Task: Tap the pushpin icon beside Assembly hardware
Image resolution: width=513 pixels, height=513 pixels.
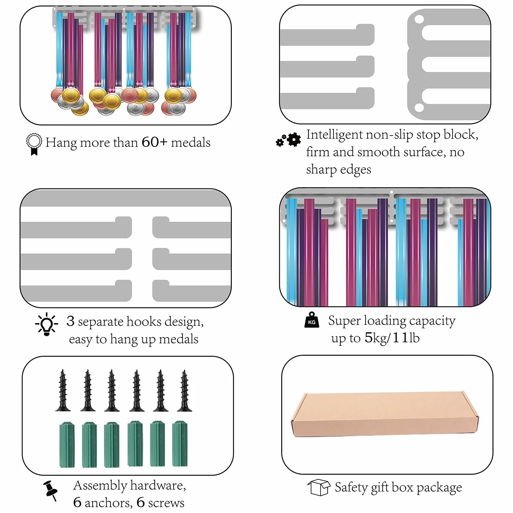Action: [x=51, y=490]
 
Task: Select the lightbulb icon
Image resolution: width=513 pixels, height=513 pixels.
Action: [x=46, y=324]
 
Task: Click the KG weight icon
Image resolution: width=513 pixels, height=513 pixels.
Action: [x=312, y=320]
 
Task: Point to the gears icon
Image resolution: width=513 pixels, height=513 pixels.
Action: [x=288, y=140]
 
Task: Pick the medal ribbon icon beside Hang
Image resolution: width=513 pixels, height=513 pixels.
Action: [x=34, y=144]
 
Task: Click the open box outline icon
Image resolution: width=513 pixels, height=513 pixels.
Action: [x=319, y=487]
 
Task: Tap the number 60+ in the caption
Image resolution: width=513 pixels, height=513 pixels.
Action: [x=155, y=142]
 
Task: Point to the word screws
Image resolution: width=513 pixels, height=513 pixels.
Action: [x=166, y=503]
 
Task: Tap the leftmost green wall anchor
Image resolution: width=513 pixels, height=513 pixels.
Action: [x=67, y=444]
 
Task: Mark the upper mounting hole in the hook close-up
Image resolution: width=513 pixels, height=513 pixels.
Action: [x=419, y=19]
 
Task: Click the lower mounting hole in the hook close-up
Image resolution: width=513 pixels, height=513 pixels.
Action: [x=419, y=107]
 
